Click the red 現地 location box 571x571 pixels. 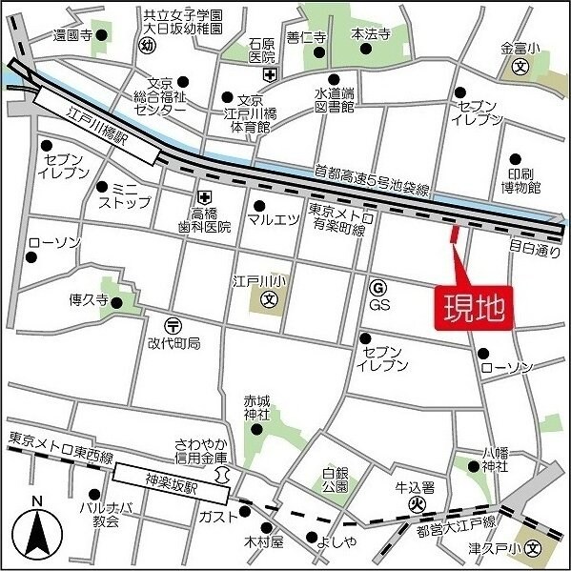(x=474, y=308)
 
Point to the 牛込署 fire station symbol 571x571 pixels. (x=415, y=503)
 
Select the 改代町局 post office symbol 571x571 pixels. (x=172, y=325)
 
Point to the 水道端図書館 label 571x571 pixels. (x=335, y=100)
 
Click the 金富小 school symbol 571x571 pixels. (x=520, y=67)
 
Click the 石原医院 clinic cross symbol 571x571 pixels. (x=270, y=75)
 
